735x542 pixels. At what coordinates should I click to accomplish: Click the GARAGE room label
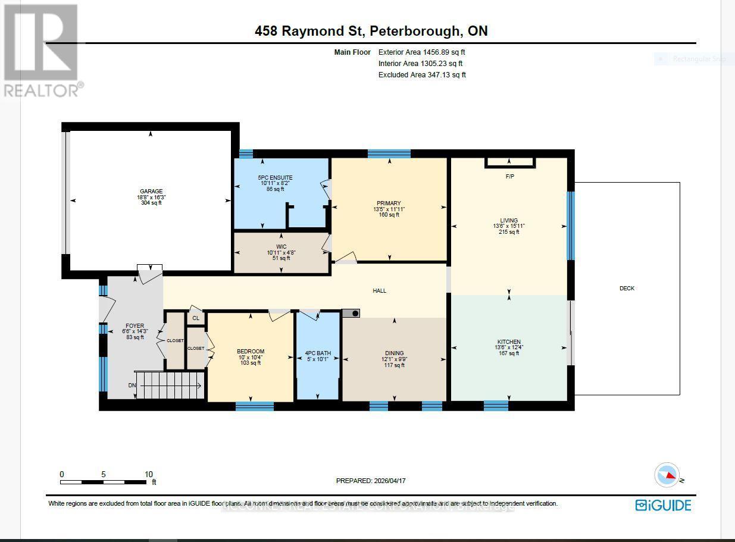(151, 192)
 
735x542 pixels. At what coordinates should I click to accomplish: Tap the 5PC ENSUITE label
(275, 178)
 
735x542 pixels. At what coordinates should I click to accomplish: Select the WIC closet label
(281, 247)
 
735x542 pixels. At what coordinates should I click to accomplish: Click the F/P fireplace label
(509, 177)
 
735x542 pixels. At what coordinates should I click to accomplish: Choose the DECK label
(627, 289)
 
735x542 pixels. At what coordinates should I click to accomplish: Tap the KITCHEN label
(509, 342)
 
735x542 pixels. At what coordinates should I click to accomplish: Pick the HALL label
(380, 291)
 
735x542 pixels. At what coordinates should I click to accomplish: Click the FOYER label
(135, 326)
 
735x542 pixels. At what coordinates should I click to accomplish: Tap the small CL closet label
(196, 319)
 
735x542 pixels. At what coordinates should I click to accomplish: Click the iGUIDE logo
(663, 506)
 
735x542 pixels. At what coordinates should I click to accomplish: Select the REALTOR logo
(41, 51)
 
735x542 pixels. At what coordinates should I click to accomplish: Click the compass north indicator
(667, 475)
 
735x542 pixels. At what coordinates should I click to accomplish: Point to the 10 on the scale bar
(148, 474)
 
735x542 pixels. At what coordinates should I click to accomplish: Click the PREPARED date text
(371, 481)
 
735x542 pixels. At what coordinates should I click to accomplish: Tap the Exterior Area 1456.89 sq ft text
(421, 52)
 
